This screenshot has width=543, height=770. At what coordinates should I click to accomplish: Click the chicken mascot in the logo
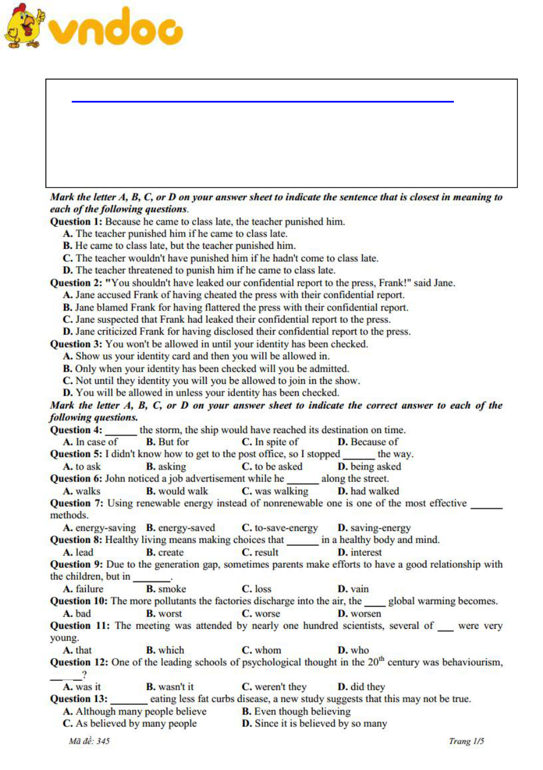pos(24,26)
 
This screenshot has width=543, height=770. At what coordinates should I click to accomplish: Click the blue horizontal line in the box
pos(262,101)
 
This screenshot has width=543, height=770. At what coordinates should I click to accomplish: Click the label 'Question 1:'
pos(76,221)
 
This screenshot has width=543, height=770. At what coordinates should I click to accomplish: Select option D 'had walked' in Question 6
pos(368,491)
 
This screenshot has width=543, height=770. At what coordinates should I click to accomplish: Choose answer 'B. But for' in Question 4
pos(168,442)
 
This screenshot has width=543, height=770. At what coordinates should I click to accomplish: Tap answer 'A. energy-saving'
pos(99,527)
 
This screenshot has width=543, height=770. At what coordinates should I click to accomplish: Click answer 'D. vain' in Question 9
pos(353,588)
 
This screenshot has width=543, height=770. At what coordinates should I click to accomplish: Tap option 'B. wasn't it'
pos(170,686)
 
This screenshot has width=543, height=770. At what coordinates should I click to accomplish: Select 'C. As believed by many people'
pos(129,723)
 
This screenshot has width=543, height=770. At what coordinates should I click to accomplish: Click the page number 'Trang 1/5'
pos(466,741)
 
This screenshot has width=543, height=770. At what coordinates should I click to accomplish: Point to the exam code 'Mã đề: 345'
pos(89,741)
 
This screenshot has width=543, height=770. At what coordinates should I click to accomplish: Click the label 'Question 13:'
pos(78,698)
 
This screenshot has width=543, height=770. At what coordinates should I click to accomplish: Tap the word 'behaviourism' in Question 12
pos(472,662)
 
